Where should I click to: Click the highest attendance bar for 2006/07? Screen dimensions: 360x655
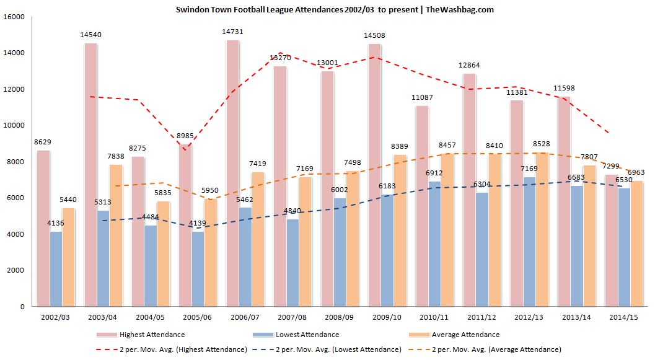coord(232,173)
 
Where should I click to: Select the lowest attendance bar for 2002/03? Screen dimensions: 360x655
coord(55,269)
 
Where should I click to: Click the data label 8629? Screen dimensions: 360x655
coord(43,143)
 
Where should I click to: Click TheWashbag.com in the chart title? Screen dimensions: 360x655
coord(460,10)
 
